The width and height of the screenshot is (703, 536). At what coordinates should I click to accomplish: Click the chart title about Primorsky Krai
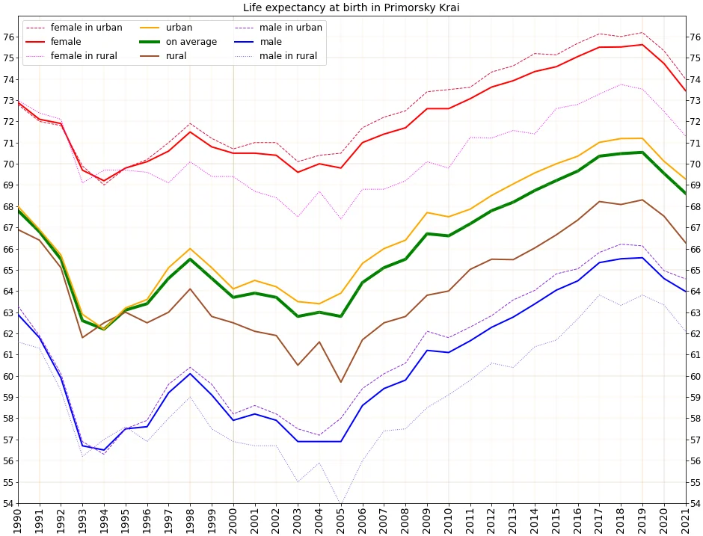coord(351,8)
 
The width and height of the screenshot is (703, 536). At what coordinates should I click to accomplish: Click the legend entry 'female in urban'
coord(86,28)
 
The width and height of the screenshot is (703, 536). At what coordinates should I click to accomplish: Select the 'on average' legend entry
coord(191,42)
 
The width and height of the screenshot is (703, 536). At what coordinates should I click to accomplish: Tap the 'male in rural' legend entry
coord(288,56)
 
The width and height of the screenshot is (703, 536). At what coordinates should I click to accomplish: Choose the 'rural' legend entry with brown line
coord(176,56)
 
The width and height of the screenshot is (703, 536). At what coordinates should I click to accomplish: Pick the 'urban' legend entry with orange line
coord(179,28)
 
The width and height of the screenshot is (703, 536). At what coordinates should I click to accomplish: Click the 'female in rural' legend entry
coord(84,56)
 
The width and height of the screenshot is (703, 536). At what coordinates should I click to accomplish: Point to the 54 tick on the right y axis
coord(695,503)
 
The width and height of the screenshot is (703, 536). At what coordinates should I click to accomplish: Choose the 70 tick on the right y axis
coord(695,164)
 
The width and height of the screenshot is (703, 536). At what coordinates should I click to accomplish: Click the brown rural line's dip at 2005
coord(342,382)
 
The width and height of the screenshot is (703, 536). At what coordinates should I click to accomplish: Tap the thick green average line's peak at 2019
coord(642,153)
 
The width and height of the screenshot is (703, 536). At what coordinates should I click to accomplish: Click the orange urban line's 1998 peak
coord(190,248)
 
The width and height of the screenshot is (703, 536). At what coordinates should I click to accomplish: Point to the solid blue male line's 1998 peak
coord(190,373)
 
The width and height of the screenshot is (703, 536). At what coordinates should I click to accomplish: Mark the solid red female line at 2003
coord(298,172)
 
